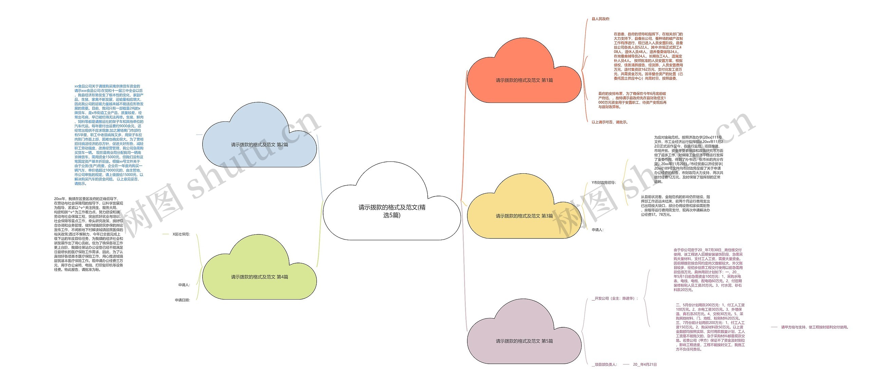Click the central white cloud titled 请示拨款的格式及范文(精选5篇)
coord(392,211)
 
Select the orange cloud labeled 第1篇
coord(524,80)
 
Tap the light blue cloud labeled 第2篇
coord(259,145)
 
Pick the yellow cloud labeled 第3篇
coord(524,216)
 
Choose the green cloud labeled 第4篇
coord(259,277)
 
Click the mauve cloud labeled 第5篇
coord(524,341)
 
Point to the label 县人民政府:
coord(600,19)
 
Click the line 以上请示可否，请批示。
coord(610,122)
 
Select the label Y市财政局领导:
coord(603,183)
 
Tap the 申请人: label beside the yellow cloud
coord(597,230)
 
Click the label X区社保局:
coord(181,234)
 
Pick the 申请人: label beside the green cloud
coord(184,285)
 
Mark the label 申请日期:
coord(182,300)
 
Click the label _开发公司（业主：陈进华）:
coord(615,299)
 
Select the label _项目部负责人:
coord(604,364)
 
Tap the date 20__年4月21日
coord(645,364)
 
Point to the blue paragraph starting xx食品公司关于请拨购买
coord(109,135)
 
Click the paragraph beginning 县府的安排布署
coord(632,100)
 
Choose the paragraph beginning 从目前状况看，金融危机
coord(675,206)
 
